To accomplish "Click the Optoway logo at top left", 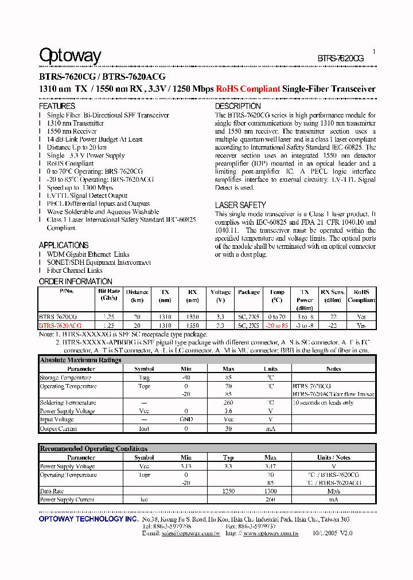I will pyautogui.click(x=70, y=56).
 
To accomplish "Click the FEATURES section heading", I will pyautogui.click(x=57, y=106).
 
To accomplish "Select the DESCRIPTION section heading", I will pyautogui.click(x=237, y=106).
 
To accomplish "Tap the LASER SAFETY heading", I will pyautogui.click(x=240, y=205).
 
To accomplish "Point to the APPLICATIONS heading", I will pyautogui.click(x=64, y=245).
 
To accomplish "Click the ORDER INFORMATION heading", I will pyautogui.click(x=75, y=281).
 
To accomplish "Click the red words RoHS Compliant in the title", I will pyautogui.click(x=248, y=89).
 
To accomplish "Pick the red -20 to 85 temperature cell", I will pyautogui.click(x=276, y=326).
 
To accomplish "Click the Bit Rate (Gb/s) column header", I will pyautogui.click(x=108, y=295).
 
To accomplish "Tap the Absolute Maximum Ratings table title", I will pyautogui.click(x=80, y=360).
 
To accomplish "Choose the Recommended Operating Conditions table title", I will pyautogui.click(x=93, y=449).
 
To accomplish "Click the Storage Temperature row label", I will pyautogui.click(x=65, y=378).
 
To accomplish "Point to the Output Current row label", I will pyautogui.click(x=58, y=429).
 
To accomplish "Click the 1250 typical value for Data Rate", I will pyautogui.click(x=228, y=491).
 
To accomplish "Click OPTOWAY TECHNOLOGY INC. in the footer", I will pyautogui.click(x=88, y=519).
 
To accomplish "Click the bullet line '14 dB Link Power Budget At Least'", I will pyautogui.click(x=95, y=139).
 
